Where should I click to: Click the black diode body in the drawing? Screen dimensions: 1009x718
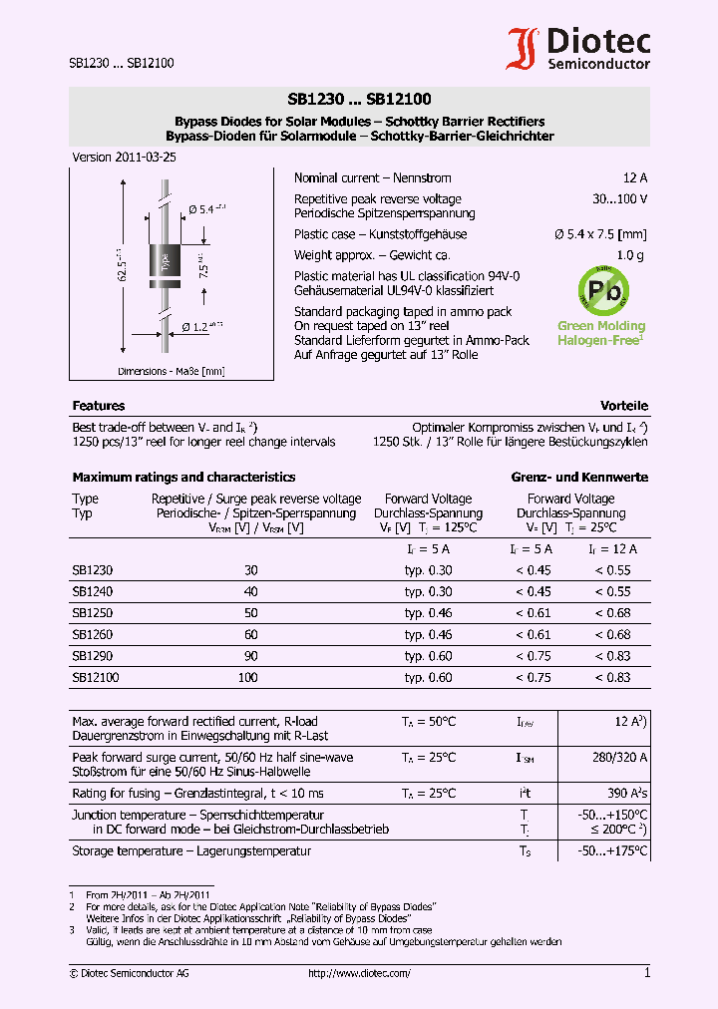164,261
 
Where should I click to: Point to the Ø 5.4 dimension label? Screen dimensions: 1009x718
207,209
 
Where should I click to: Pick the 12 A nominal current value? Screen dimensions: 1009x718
635,177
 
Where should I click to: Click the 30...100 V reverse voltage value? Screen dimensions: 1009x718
619,199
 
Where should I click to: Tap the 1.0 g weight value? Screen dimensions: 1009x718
630,256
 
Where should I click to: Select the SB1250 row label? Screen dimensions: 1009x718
92,613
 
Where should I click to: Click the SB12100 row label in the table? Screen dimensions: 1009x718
95,678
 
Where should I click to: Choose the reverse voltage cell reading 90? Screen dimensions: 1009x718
250,656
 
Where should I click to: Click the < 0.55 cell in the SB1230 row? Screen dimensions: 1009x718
612,570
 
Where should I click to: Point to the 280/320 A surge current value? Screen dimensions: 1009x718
619,758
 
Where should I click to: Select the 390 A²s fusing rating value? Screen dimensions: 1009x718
624,794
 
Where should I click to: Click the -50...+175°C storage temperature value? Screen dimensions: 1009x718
612,851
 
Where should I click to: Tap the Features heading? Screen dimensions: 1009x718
99,406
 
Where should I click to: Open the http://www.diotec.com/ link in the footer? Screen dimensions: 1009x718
359,973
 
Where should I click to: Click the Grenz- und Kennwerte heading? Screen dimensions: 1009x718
579,478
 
